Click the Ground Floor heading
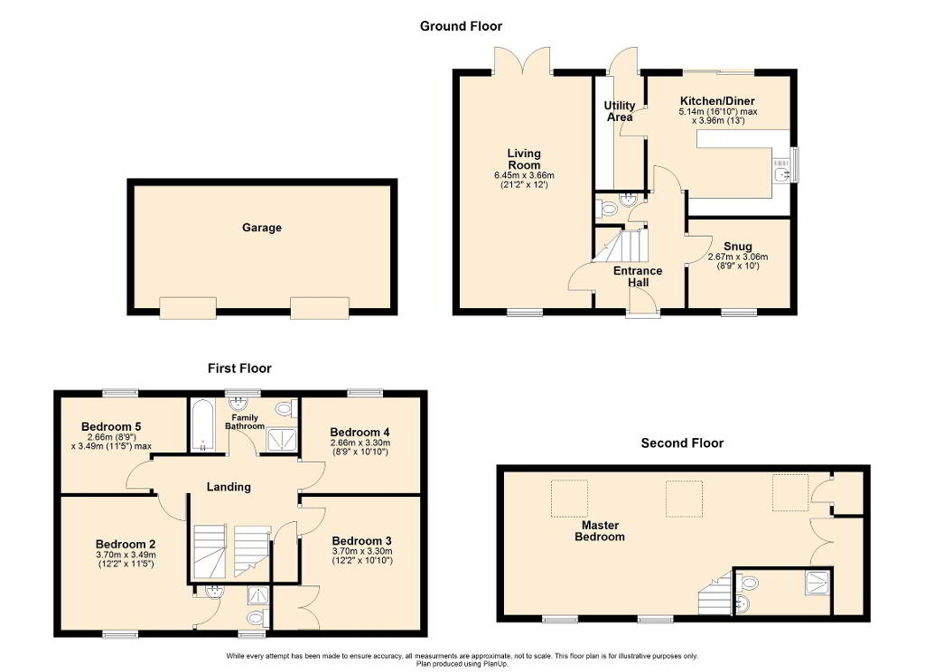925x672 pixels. point(461,26)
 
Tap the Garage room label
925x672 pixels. point(261,227)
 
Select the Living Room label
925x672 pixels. point(524,159)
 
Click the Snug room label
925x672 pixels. point(737,246)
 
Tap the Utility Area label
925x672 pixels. point(620,111)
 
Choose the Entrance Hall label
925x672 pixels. point(638,276)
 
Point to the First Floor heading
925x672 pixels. point(239,369)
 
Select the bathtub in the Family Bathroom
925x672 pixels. point(201,425)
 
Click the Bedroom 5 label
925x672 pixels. point(111,426)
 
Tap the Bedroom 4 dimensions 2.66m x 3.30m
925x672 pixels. point(360,443)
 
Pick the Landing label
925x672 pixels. point(229,487)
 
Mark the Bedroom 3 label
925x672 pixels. point(361,540)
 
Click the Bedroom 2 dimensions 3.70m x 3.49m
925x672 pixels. point(126,555)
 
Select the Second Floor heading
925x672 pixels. point(682,443)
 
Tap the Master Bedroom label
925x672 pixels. point(600,530)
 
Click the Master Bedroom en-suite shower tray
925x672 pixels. point(818,583)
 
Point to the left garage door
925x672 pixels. point(188,308)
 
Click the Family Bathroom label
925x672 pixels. point(244,422)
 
